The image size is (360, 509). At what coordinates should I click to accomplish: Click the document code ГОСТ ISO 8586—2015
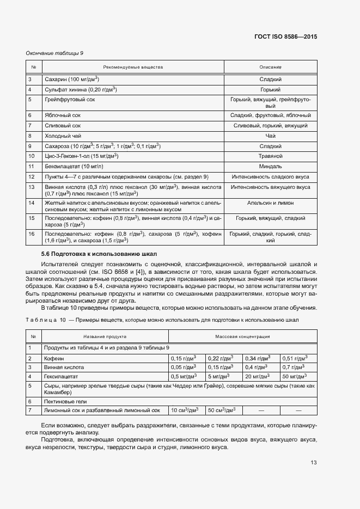[285, 36]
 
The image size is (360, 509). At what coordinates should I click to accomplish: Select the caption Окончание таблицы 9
[54, 53]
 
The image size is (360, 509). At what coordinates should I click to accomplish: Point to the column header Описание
[270, 68]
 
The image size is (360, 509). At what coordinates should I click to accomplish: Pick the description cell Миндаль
[270, 166]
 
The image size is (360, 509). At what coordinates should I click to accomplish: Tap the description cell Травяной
[270, 156]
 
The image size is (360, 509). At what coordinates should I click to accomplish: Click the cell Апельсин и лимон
[270, 203]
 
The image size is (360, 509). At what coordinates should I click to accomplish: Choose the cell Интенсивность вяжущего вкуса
[270, 187]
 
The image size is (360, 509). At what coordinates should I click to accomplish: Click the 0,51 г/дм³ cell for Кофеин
[294, 358]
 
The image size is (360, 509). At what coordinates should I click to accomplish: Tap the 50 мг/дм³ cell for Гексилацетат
[294, 376]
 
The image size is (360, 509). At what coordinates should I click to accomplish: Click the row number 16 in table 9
[31, 234]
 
